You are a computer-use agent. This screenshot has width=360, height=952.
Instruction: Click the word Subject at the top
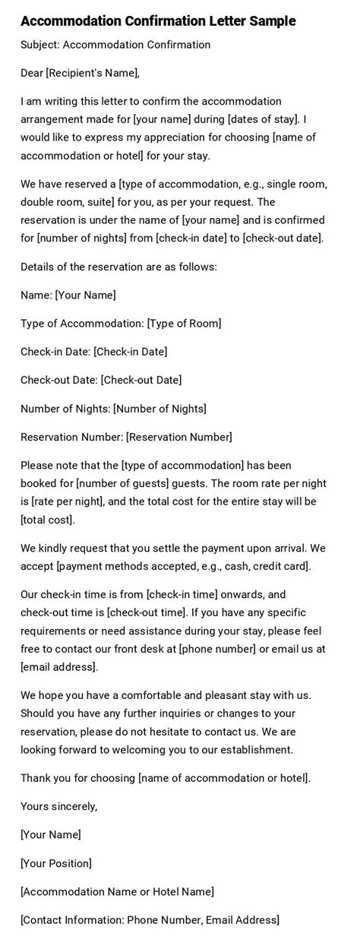pos(40,45)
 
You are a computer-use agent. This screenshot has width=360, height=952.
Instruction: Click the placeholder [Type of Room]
pos(185,324)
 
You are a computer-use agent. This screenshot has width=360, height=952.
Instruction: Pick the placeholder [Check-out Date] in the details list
pos(141,380)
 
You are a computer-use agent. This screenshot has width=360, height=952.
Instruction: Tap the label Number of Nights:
pos(65,409)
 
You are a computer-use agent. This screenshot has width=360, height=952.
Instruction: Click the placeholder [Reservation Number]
pos(179,437)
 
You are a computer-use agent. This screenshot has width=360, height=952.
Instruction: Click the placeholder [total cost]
pos(47,520)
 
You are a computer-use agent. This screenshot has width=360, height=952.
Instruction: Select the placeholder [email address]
pos(59,667)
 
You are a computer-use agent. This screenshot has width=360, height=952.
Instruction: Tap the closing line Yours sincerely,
pos(59,806)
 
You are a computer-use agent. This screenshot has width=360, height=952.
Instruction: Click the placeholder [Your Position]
pos(56,863)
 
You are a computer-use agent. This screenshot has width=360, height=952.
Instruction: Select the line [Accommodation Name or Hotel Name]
pos(117,891)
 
